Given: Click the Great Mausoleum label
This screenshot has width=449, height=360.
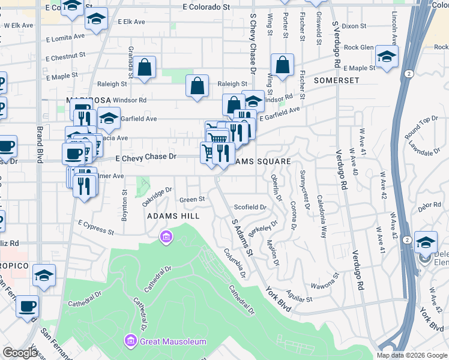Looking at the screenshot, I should click(173, 341).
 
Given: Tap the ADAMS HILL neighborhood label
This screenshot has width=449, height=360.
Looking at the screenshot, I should click(173, 215).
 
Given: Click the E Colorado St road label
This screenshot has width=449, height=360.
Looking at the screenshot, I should click(206, 7).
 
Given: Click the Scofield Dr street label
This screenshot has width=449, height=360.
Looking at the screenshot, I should click(250, 207).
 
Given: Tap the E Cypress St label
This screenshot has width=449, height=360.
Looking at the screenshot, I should click(96, 227).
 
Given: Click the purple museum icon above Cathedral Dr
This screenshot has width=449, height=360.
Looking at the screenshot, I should click(166, 238).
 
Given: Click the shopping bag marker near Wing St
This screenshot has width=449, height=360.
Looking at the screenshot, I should click(282, 65).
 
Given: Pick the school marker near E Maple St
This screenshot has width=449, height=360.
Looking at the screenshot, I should click(387, 58).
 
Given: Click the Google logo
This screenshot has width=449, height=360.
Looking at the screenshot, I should click(20, 353).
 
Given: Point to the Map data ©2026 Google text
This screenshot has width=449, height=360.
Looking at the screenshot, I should click(412, 355).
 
